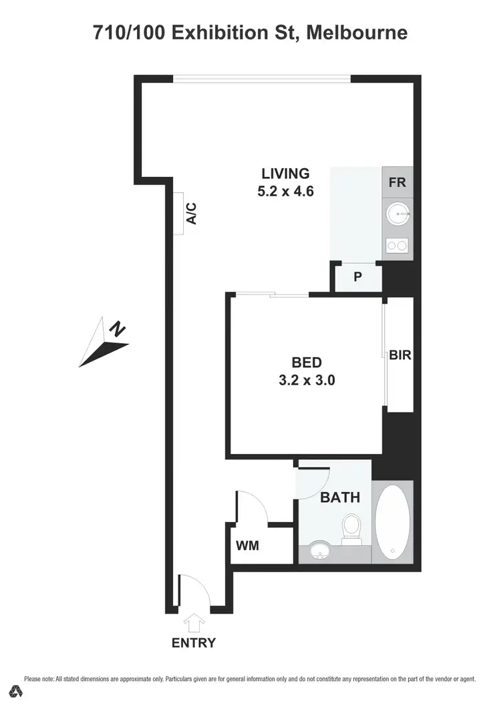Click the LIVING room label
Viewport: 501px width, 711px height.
pos(286,174)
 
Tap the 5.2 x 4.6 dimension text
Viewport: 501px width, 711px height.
pos(286,191)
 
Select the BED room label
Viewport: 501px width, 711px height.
pos(307,363)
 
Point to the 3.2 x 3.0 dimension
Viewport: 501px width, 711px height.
pos(307,381)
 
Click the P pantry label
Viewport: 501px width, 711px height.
pos(357,277)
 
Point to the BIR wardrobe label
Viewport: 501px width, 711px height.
pos(400,356)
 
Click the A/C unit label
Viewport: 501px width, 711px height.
pos(190,213)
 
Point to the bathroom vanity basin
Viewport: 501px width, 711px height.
pos(321,551)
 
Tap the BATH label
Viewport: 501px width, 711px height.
pos(340,497)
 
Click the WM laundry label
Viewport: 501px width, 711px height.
pos(247,545)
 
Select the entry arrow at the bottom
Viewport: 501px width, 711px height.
pos(194,624)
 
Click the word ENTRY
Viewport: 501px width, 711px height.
pos(194,644)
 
